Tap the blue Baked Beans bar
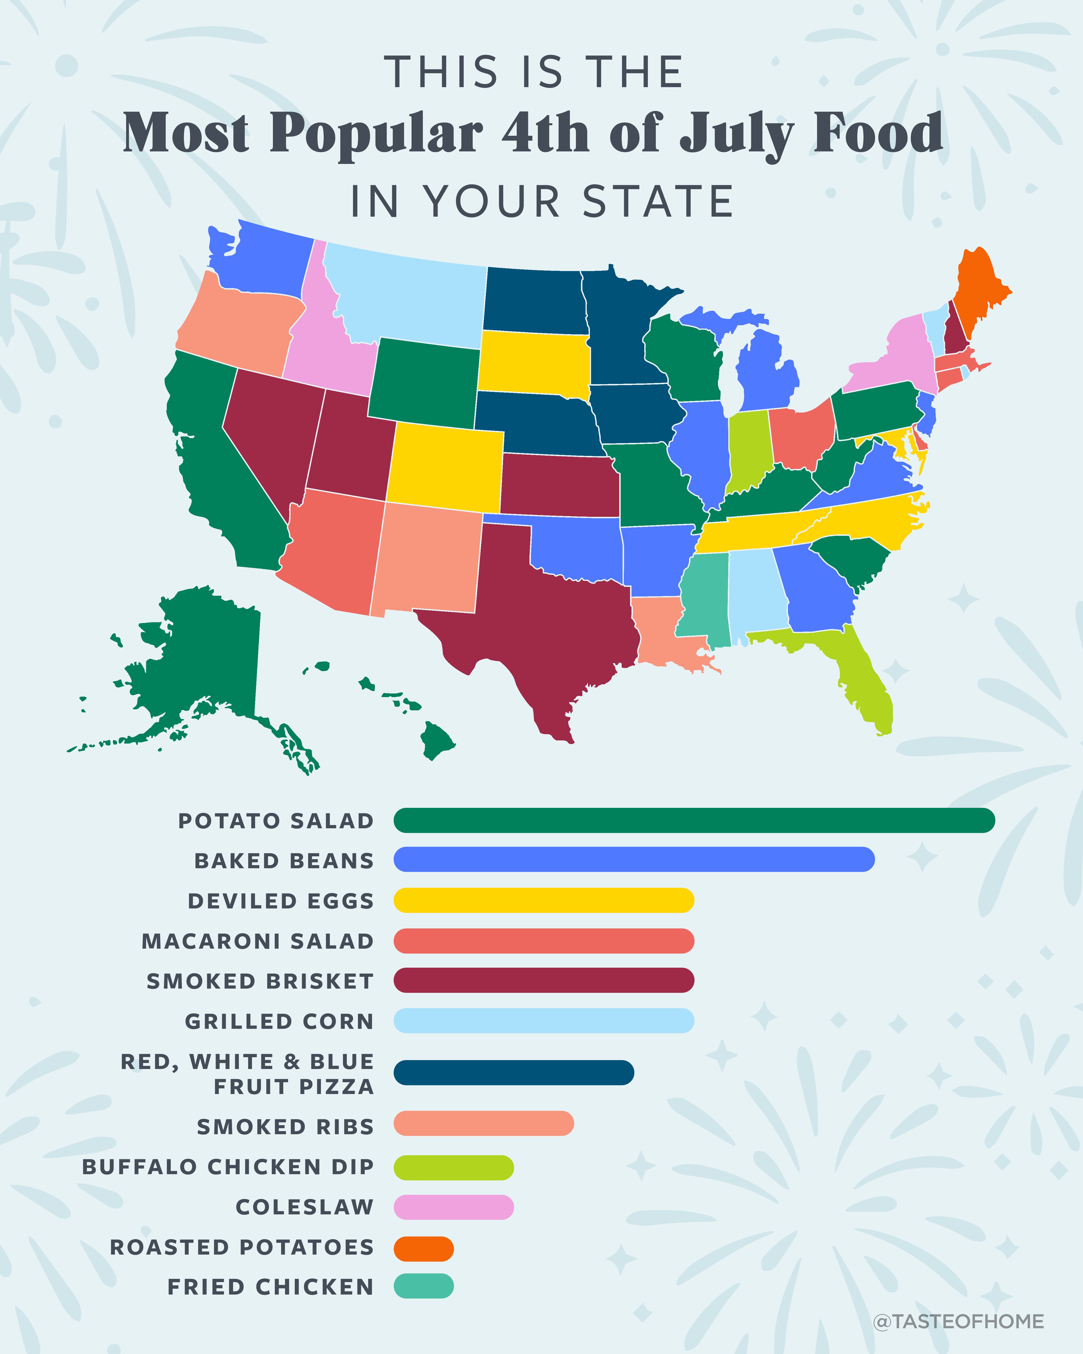pos(634,859)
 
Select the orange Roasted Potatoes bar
pos(424,1249)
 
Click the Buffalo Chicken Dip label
pos(228,1167)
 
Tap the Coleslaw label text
pos(304,1207)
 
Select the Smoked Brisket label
pos(260,981)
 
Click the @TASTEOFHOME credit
pos(958,1321)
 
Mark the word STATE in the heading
pos(658,202)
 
